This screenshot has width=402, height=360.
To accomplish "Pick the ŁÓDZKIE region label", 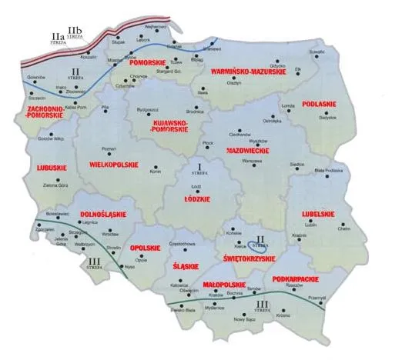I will coord(202,196).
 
